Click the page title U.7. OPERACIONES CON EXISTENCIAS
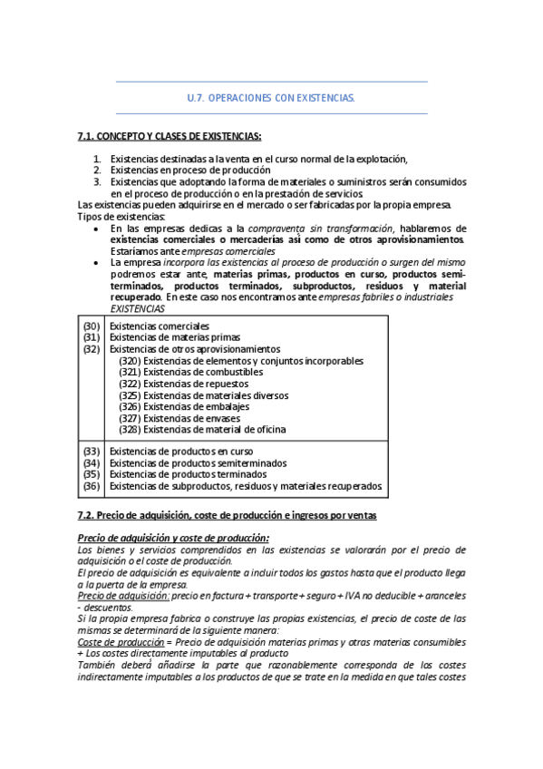(x=271, y=97)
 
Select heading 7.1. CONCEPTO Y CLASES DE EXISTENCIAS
(x=170, y=136)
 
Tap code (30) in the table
(x=91, y=326)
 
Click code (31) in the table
(x=91, y=337)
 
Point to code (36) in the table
(x=91, y=486)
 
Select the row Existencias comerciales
(x=159, y=326)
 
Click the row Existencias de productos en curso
(x=180, y=451)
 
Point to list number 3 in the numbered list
(x=97, y=181)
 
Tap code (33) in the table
(x=91, y=451)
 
